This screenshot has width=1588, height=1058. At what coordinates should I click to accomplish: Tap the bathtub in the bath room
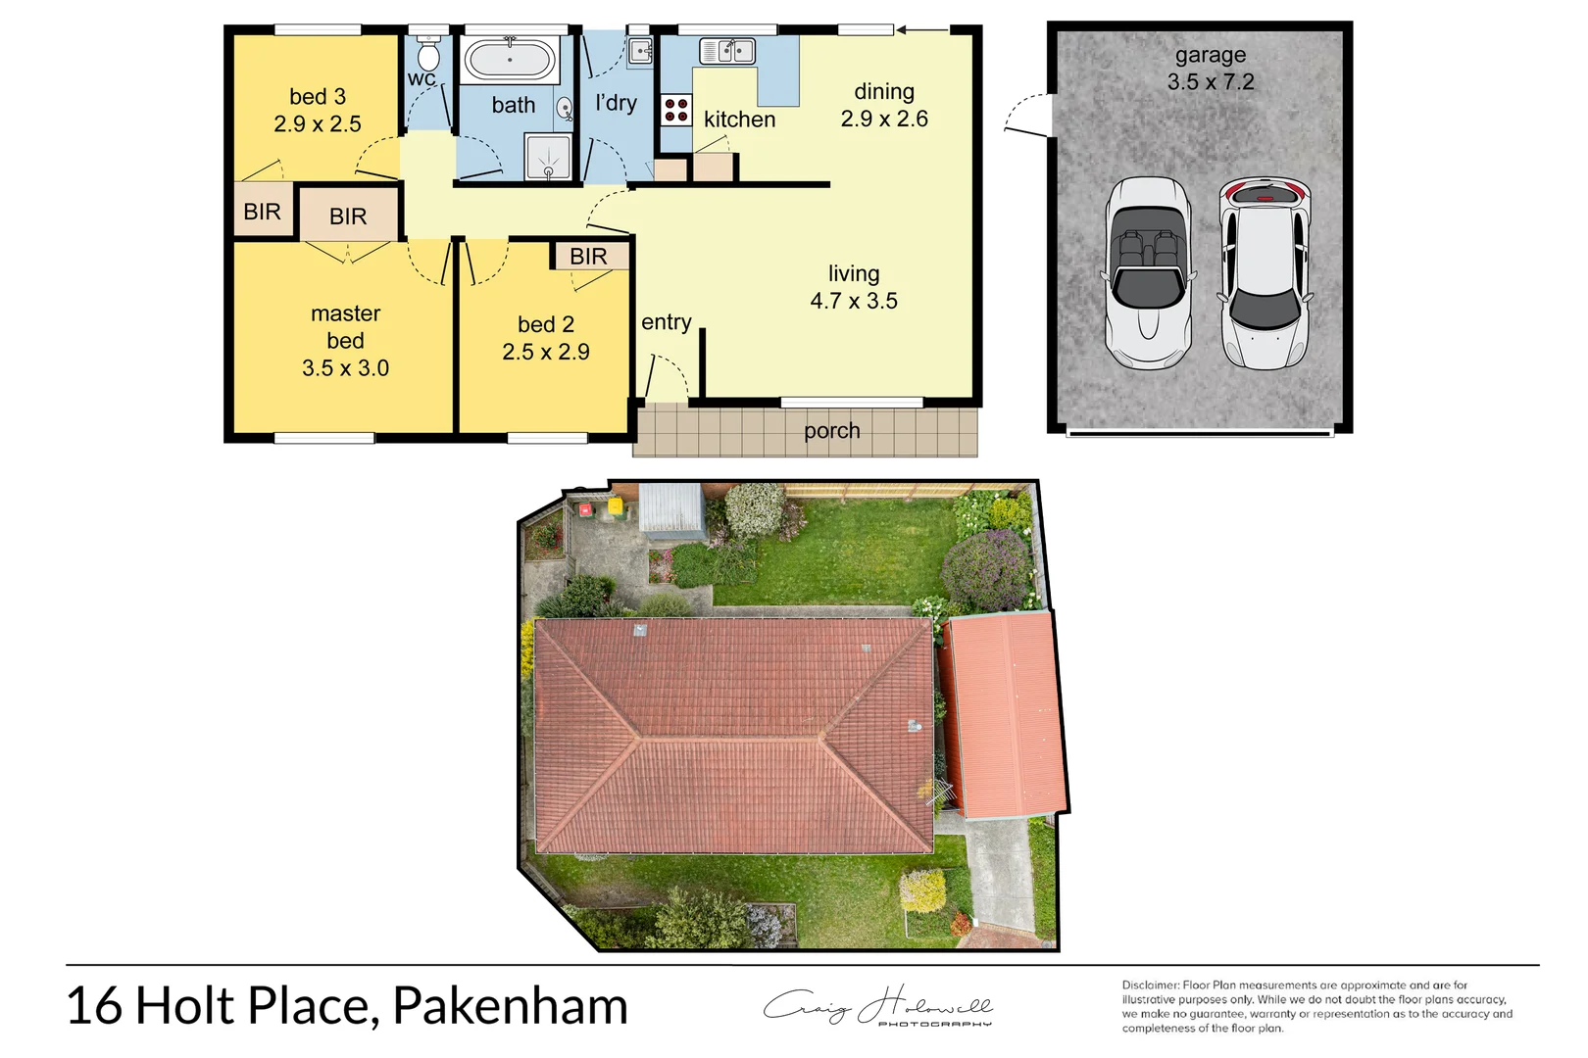click(x=510, y=60)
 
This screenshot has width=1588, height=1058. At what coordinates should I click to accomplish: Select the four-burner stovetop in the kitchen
click(x=675, y=110)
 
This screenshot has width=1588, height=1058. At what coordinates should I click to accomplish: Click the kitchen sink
click(x=726, y=50)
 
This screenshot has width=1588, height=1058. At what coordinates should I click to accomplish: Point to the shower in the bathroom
click(x=548, y=157)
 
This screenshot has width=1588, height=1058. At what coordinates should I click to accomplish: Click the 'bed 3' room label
click(x=318, y=96)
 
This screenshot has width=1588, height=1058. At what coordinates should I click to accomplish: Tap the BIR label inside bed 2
click(x=588, y=256)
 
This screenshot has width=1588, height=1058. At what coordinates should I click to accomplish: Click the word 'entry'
click(x=667, y=321)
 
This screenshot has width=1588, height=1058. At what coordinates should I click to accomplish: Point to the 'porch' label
click(x=831, y=431)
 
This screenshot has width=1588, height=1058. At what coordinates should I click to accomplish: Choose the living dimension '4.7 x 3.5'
click(x=854, y=301)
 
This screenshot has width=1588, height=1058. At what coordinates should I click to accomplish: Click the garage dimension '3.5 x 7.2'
click(x=1211, y=82)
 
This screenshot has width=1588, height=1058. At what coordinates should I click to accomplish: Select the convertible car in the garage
click(x=1148, y=272)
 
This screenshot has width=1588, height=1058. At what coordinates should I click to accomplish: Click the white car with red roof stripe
click(x=1265, y=271)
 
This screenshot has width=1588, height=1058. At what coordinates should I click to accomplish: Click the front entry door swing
click(x=665, y=377)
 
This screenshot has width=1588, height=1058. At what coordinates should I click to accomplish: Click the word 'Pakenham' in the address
click(x=510, y=1006)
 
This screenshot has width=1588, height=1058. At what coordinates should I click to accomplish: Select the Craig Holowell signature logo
click(x=878, y=1007)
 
